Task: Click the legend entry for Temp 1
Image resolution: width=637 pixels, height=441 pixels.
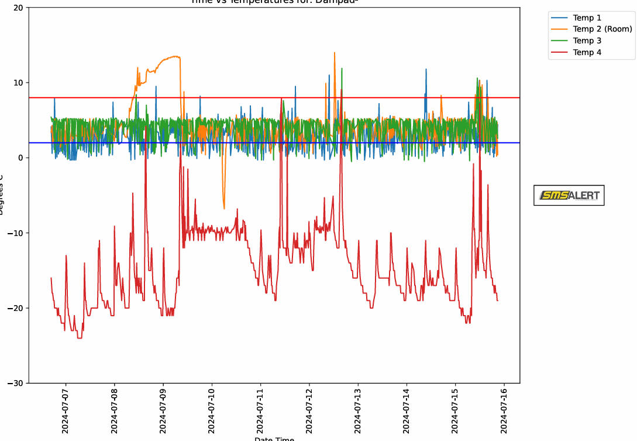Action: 587,18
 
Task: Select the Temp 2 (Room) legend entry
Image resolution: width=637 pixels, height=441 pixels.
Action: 602,29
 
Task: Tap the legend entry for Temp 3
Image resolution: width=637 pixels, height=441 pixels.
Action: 587,40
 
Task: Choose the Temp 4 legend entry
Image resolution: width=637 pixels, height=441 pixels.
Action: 587,52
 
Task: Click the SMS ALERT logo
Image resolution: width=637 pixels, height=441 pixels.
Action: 569,196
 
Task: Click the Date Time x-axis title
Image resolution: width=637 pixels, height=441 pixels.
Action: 274,439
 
